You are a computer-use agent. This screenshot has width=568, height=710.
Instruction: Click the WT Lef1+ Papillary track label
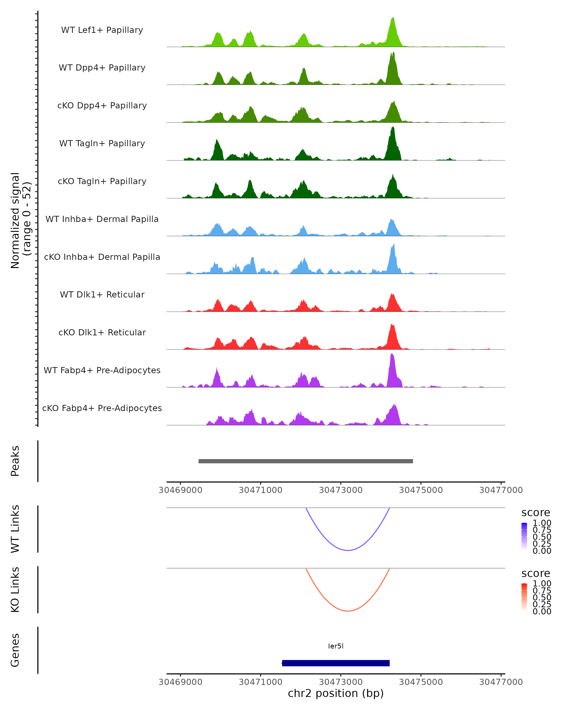102,30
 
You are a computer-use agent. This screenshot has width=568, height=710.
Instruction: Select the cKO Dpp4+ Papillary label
102,105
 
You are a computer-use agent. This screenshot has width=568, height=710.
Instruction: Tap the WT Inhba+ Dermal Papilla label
102,219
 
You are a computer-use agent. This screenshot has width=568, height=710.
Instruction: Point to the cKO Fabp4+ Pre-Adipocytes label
102,408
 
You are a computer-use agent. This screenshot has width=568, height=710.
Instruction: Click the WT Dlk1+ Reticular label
102,294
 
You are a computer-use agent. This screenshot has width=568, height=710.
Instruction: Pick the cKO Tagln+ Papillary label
102,181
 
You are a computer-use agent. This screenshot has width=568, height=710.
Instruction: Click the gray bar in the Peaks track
306,461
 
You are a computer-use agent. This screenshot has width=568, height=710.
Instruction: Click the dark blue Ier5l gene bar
336,663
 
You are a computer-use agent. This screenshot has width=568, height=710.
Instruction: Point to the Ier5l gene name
336,646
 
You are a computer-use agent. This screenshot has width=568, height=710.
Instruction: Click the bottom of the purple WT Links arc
348,550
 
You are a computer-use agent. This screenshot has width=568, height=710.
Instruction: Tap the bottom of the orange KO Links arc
348,611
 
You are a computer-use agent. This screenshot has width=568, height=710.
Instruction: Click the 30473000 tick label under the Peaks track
341,490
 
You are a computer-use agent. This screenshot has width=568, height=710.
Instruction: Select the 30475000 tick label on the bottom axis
421,682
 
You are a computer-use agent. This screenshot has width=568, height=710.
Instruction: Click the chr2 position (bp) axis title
336,693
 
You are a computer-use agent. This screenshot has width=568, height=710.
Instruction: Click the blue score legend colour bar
524,536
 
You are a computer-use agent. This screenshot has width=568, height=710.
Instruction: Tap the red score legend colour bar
524,597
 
